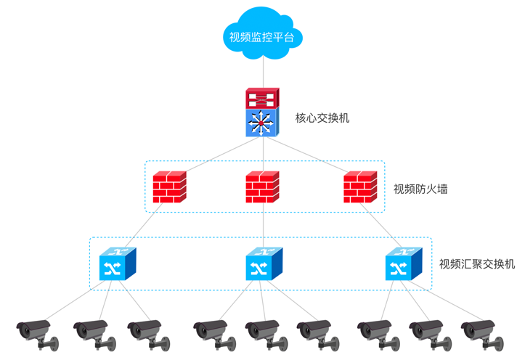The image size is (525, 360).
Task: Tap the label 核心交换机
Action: (x=322, y=118)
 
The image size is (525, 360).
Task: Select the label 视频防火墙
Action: (x=420, y=189)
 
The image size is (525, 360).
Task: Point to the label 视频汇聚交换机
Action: (x=477, y=263)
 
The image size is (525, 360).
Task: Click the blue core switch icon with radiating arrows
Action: (x=261, y=121)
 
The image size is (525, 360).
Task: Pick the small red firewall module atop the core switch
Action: (x=261, y=97)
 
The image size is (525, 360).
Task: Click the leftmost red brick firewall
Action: (x=169, y=187)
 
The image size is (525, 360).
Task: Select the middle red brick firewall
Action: (x=261, y=187)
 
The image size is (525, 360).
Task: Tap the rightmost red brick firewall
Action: (x=359, y=187)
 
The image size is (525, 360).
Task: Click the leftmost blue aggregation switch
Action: (x=117, y=264)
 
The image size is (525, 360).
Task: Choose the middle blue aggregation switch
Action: (x=262, y=264)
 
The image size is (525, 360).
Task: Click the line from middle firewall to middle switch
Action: (x=261, y=225)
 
